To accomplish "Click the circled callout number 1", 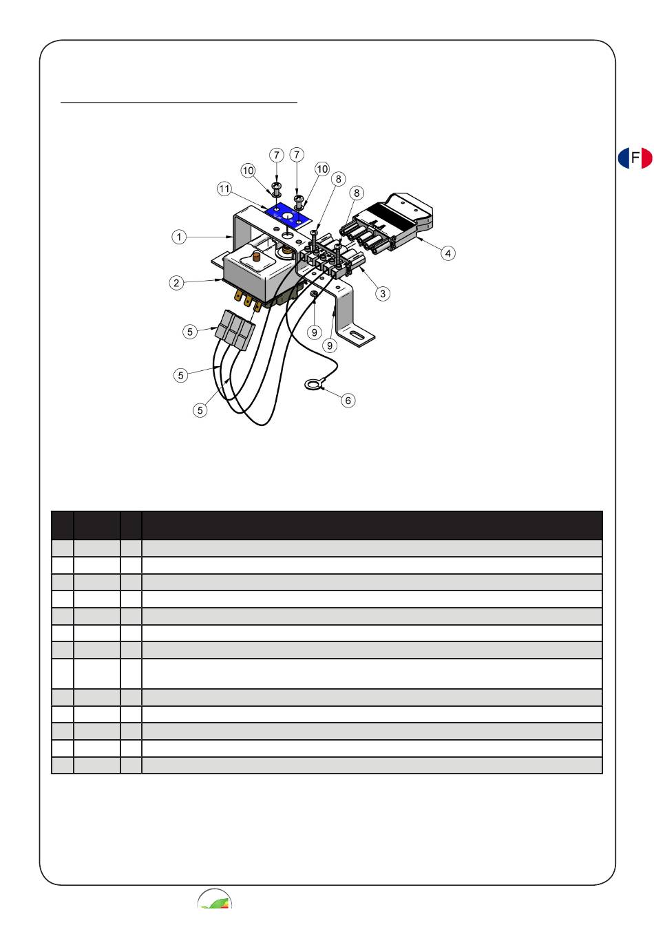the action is tap(179, 237).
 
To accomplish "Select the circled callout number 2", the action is tap(176, 283).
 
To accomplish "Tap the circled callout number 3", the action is tap(383, 294).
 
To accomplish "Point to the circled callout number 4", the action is tap(448, 253).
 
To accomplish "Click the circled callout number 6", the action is tap(348, 400).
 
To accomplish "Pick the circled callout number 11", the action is tap(224, 189).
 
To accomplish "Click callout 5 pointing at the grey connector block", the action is tap(190, 332).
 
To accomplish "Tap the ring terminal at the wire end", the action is tap(313, 385).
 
